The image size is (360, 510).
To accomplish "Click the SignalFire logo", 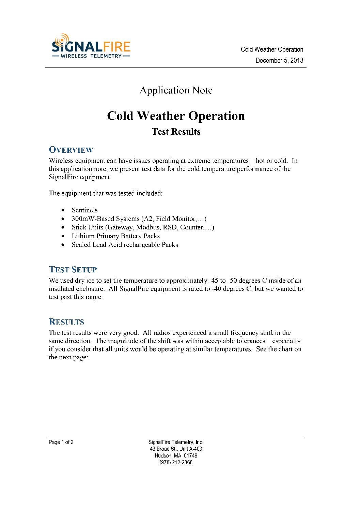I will point(91,46).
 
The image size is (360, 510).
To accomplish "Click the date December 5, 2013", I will point(279,60).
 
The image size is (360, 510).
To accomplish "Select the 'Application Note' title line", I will point(176,90).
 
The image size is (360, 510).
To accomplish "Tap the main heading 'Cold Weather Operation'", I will point(176,116).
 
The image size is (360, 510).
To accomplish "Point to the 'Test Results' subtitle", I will point(176,132).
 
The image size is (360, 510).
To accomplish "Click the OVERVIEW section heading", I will point(71,150).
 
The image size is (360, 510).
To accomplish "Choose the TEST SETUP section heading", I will point(73,270).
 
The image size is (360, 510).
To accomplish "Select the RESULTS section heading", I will point(66,322).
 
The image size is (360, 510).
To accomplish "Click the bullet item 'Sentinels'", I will point(84,210).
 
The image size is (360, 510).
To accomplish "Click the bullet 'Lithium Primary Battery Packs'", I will point(115,236).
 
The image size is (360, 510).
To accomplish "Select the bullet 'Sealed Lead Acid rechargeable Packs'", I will point(125,245).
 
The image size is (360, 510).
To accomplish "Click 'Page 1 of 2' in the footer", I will point(61,442).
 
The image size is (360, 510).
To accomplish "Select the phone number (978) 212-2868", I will point(176,463).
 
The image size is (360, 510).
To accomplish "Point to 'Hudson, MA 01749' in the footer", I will point(176,456).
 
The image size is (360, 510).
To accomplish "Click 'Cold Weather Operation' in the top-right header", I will point(272,49).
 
